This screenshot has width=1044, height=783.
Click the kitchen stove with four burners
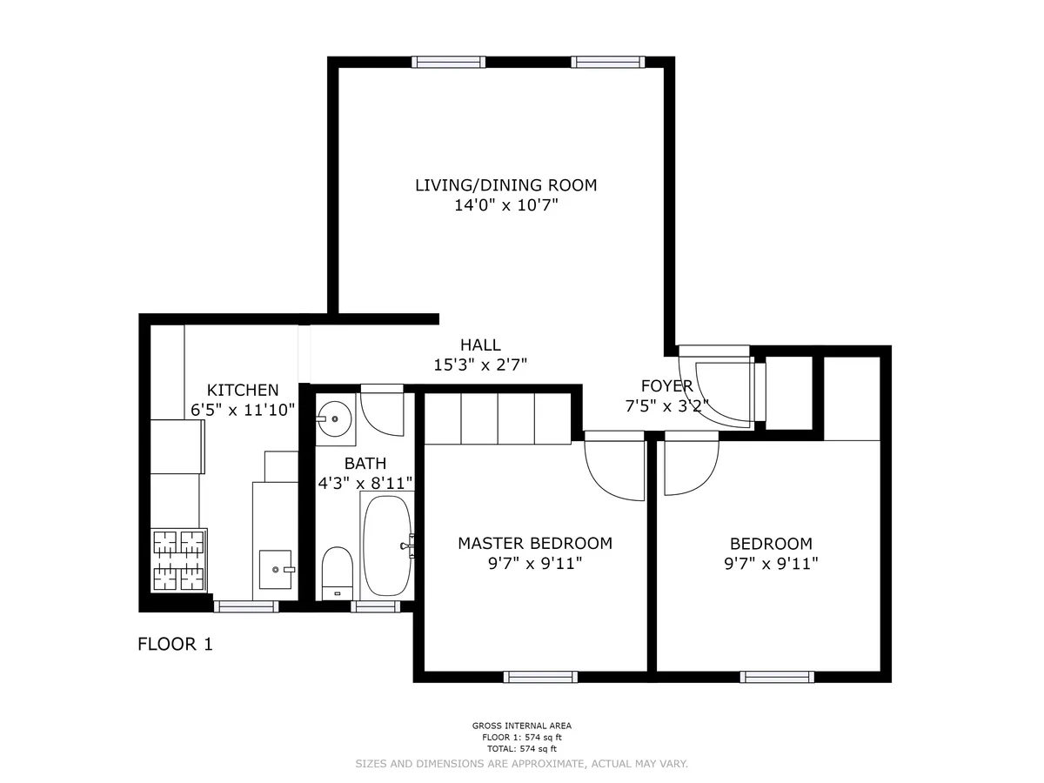pos(180,560)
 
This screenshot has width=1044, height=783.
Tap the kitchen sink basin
pos(278,568)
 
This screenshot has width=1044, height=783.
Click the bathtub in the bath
pos(386,545)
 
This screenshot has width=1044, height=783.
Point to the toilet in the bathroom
pos(336,572)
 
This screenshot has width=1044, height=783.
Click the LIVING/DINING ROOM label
pos(505,184)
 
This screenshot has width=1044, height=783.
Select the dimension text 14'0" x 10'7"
pos(505,206)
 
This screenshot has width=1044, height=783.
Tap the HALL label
pos(480,345)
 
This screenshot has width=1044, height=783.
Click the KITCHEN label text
pos(243,390)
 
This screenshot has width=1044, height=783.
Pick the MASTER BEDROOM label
pos(535,543)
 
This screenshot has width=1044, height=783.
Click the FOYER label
pos(666,385)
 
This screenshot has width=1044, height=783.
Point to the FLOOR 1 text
pos(175,645)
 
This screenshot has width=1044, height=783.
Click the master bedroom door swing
pos(613,467)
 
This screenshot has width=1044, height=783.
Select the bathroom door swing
pos(382,414)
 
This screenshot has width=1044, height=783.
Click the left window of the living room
pos(449,62)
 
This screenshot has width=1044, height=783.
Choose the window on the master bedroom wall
pos(540,677)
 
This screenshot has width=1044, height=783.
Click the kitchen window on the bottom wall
pos(246,606)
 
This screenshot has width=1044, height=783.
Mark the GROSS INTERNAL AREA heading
pos(521,726)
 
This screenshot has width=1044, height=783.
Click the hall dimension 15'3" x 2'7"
pos(480,365)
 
